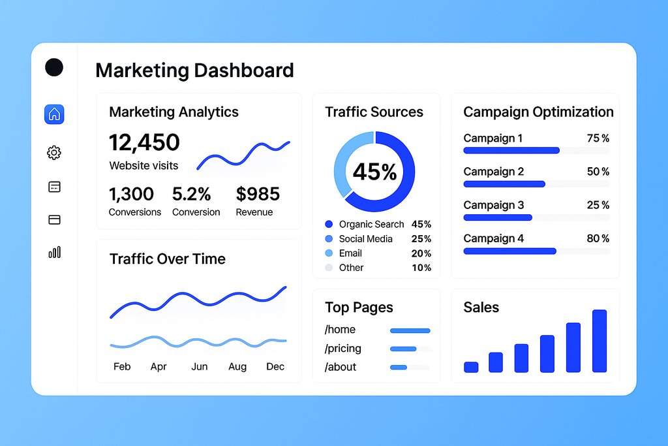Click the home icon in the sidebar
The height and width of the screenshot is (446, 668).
click(54, 114)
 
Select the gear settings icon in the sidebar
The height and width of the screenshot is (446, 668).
click(54, 153)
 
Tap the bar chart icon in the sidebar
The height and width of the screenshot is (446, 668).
click(54, 252)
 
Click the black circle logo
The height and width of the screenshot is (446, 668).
click(54, 67)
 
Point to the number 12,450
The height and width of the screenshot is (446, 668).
click(144, 142)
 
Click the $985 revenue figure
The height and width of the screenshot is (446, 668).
click(258, 194)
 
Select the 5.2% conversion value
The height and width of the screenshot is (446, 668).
click(191, 194)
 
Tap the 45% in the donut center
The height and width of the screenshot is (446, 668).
click(374, 172)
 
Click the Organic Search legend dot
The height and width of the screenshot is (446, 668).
click(328, 225)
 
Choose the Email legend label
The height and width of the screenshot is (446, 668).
click(350, 253)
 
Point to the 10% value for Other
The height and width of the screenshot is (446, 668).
click(421, 268)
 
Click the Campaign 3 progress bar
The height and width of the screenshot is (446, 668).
click(498, 217)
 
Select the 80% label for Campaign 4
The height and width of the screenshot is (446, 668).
click(598, 238)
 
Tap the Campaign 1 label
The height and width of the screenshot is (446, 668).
click(493, 138)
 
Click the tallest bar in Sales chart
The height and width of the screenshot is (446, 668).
click(600, 341)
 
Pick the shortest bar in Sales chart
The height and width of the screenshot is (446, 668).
click(471, 367)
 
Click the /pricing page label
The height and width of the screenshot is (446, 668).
click(343, 349)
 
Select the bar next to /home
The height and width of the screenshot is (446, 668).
click(410, 330)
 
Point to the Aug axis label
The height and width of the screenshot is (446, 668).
click(237, 366)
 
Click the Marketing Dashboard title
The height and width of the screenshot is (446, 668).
click(194, 70)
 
